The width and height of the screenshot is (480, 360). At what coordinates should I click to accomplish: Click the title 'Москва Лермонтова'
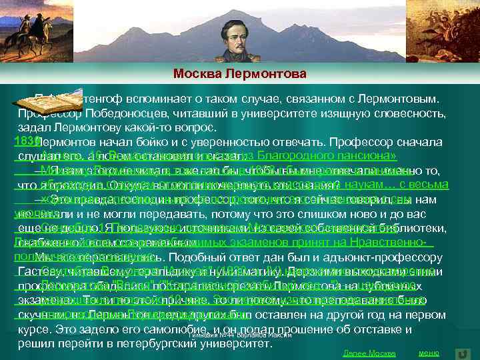tap(240, 73)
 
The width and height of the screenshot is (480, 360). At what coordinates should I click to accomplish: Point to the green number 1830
tap(23, 141)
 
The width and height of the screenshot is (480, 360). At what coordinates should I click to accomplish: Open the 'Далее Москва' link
tap(369, 353)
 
